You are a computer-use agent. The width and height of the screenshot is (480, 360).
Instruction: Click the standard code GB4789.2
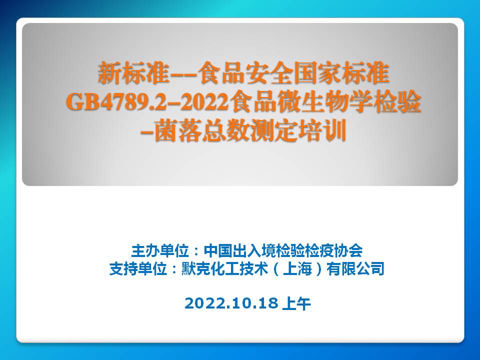coord(116,102)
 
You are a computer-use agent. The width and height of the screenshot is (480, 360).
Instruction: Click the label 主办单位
coord(160,250)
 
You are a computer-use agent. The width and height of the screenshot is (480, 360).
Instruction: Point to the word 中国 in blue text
coord(218,250)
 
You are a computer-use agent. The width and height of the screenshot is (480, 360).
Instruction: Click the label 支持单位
coord(138,269)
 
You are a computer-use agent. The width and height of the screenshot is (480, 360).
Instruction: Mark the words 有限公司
coord(355,269)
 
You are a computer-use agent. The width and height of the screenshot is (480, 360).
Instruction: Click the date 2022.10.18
coord(231,303)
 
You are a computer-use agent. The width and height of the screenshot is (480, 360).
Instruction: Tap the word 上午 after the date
coord(296,303)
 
